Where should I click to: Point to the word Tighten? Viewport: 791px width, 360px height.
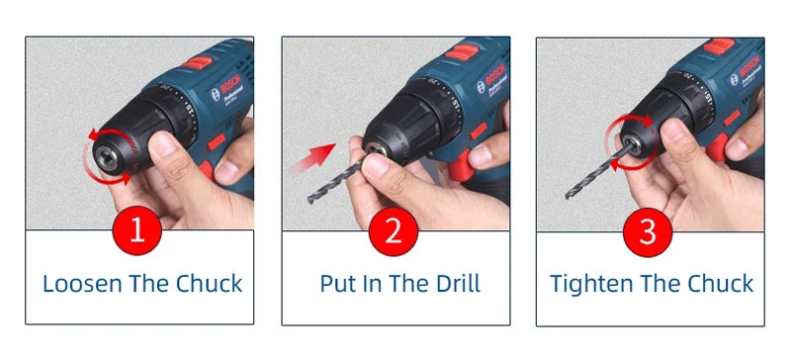pos(590,284)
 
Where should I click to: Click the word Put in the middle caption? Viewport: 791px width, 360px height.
pos(337,284)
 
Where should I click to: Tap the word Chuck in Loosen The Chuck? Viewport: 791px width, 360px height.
pos(209,284)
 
